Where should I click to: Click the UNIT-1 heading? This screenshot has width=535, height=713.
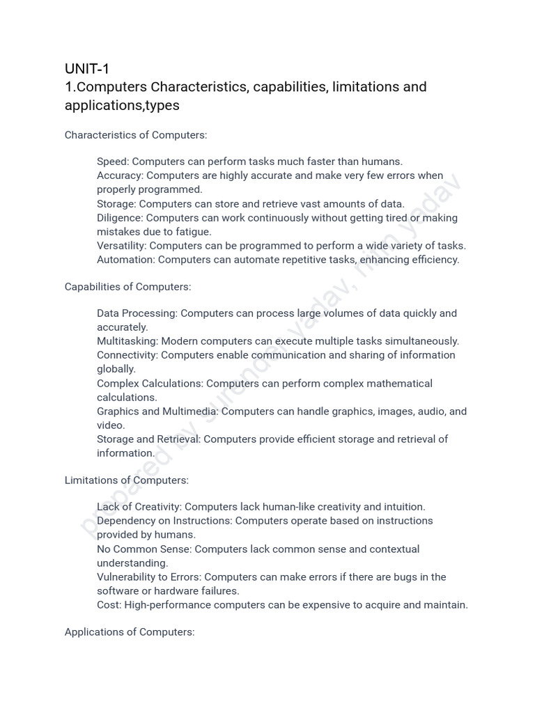coord(87,68)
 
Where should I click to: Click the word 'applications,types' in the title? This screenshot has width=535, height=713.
coord(122,105)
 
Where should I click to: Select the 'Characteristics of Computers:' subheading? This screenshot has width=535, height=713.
coord(136,134)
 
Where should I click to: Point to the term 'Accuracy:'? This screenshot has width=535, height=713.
coord(120,175)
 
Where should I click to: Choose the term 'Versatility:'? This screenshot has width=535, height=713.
coord(122,246)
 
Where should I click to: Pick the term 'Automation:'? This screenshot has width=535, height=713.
coord(126,260)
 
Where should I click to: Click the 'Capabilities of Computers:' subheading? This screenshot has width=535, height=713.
coord(127,286)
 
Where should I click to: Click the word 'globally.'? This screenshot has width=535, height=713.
coord(116,369)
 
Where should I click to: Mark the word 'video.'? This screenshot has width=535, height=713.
coord(111,425)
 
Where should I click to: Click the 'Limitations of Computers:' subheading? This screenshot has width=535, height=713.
coord(127,480)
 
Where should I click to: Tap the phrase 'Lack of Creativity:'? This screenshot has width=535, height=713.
coord(139,507)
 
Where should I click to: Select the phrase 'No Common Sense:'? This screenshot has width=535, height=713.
coord(144,549)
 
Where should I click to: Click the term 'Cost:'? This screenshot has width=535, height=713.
coord(109,605)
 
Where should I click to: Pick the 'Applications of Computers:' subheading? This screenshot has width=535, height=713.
coord(130,632)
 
